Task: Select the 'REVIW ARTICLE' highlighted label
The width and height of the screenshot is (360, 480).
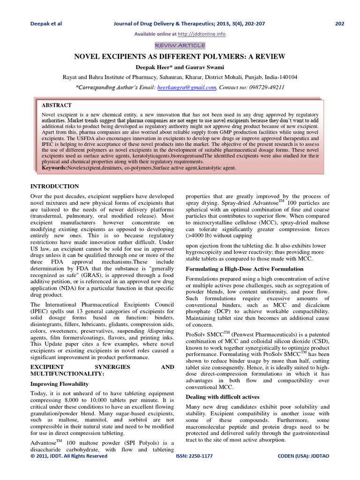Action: click(180, 45)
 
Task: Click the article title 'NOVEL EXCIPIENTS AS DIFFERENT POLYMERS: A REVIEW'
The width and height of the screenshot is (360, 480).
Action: click(180, 56)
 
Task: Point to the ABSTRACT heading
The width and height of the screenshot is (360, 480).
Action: click(57, 105)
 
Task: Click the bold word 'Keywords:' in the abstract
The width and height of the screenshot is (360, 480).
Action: click(54, 167)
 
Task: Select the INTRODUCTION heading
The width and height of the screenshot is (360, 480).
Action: click(54, 186)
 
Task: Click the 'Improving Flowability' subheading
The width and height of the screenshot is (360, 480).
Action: click(60, 384)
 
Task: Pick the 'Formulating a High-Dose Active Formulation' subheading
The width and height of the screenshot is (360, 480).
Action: click(244, 269)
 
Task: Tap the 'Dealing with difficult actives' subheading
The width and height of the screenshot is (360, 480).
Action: click(223, 397)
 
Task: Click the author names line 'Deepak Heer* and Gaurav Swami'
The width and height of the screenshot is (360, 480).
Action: click(180, 67)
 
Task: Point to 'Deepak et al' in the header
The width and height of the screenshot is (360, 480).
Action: click(46, 24)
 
